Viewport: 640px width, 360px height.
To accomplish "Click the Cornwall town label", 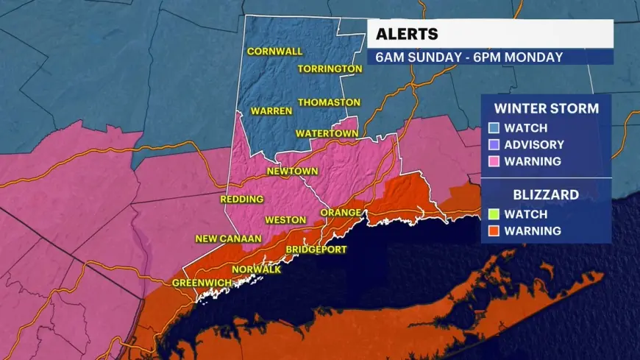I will tap(274, 52).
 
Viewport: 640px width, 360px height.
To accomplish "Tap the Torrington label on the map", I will tap(330, 68).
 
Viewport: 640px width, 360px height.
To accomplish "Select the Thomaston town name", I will tap(329, 102).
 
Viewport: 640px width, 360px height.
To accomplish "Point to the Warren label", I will tap(271, 111).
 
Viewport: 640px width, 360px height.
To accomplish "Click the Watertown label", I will tap(326, 133).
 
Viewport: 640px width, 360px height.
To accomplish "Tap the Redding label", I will tap(241, 200).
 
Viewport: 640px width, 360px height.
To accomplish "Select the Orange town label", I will tap(341, 213).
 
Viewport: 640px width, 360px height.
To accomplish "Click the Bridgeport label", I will tap(316, 250).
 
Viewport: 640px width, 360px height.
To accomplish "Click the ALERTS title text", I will tap(407, 34).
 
